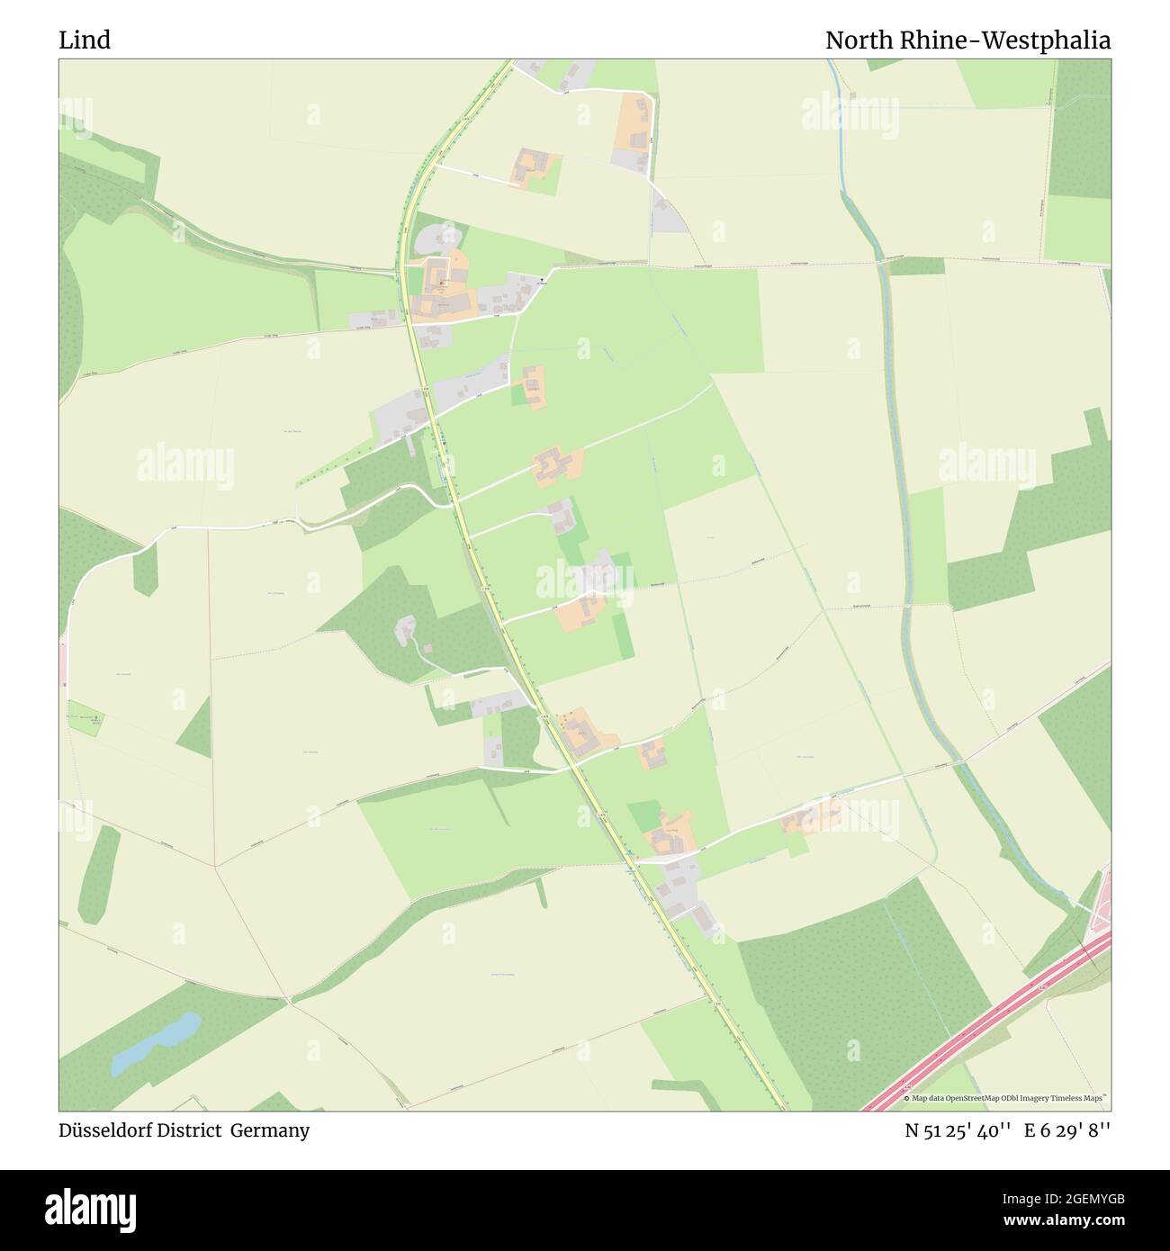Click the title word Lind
85,40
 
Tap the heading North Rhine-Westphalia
967,40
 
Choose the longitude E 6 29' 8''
1066,1130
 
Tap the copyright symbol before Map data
906,1098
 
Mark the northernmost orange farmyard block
634,121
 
